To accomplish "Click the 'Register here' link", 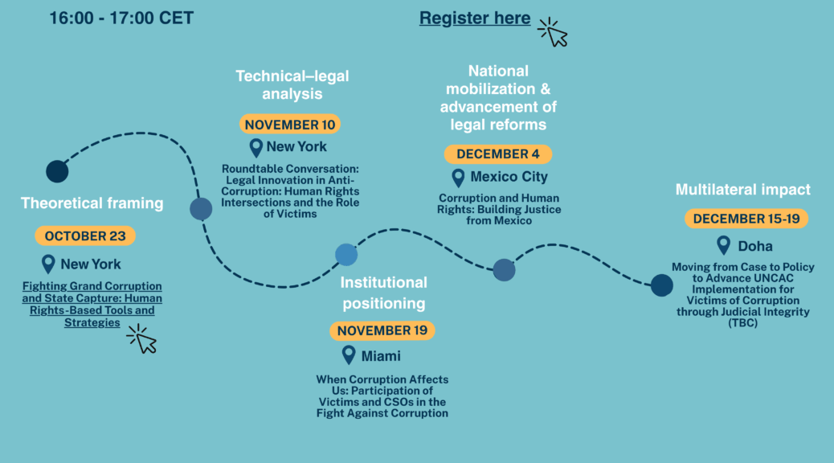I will (474, 18).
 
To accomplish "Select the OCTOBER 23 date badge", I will (85, 236).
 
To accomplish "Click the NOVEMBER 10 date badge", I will (289, 125).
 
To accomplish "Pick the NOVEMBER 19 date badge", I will (382, 330).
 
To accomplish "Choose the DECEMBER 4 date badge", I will (497, 154).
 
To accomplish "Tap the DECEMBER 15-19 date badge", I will (746, 219).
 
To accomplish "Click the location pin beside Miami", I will (349, 354).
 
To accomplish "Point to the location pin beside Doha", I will (723, 244).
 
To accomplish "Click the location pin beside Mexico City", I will (458, 177).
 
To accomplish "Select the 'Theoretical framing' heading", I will (92, 203).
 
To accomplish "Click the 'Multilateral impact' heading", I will (742, 191).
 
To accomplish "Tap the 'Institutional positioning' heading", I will (384, 293).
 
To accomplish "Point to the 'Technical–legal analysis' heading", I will (292, 84).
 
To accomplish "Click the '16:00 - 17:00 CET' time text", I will (121, 18).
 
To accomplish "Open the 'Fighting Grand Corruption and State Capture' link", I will (92, 305).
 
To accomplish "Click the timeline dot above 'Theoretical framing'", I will (57, 171).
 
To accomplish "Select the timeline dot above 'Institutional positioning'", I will (346, 255).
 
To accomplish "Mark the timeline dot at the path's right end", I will (661, 285).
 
